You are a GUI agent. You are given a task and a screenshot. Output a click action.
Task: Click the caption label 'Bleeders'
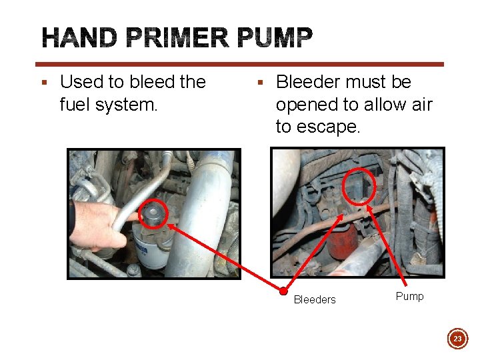click(x=315, y=300)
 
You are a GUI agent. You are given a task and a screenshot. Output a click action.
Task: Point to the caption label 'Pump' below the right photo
click(x=409, y=297)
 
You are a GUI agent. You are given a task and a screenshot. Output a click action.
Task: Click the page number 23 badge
click(x=457, y=339)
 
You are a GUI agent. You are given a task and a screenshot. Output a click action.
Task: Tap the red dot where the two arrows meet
click(x=283, y=291)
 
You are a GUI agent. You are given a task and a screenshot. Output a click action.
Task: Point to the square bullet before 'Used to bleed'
click(x=45, y=83)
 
